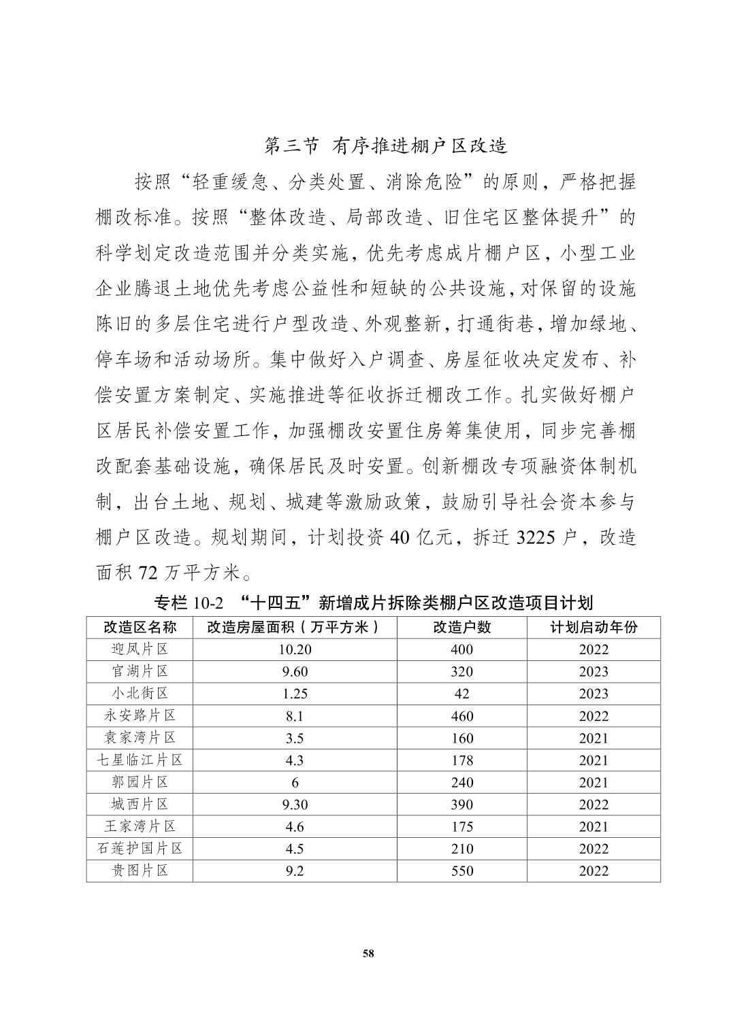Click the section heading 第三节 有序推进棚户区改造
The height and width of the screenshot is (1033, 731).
coord(386,146)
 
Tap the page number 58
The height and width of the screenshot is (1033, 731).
coord(368,953)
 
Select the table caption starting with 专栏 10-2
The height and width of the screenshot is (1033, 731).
coord(374,603)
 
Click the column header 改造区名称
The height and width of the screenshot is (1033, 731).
coord(140,627)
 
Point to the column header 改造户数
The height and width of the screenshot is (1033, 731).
coord(462,627)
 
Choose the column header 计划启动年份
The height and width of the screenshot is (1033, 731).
coord(594,627)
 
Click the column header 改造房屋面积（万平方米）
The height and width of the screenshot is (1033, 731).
coord(293,627)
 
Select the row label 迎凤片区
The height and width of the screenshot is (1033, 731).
coord(140,649)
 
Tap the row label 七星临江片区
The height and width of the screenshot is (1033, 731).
coord(140,760)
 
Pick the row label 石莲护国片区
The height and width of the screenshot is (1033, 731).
coord(140,848)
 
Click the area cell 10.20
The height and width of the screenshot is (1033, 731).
coord(295,649)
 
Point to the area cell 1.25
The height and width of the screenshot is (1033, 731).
coord(295,694)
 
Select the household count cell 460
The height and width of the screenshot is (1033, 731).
coord(462,715)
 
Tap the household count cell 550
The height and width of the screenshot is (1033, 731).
coord(462,870)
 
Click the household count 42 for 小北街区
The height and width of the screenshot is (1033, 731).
coord(462,694)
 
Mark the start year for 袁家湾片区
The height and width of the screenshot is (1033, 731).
coord(594,738)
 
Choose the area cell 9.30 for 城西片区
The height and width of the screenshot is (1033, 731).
coord(295,805)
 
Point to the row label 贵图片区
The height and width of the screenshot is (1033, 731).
coord(140,870)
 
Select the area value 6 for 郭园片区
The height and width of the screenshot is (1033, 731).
coord(295,782)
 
